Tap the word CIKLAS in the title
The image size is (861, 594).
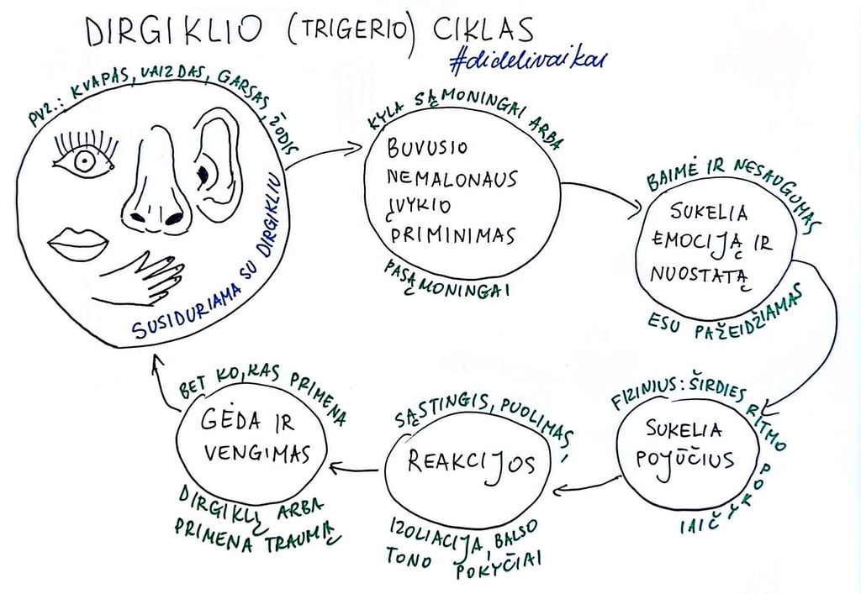483,29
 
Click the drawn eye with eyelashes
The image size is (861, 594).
84,159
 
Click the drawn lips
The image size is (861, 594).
78,244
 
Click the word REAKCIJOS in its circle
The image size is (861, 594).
470,463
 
